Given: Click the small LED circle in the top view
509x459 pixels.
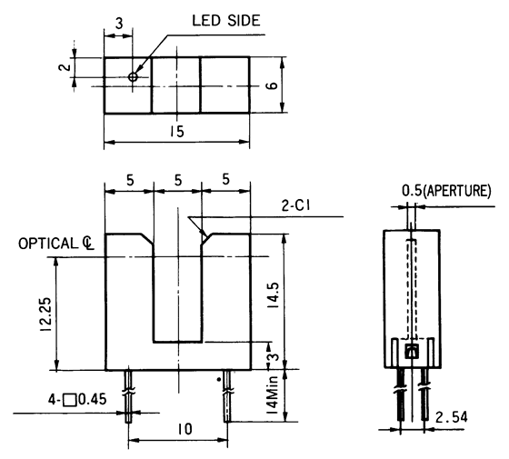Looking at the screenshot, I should [134, 77].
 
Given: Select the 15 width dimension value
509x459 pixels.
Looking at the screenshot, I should [176, 132].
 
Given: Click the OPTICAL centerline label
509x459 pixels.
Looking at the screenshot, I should [56, 244].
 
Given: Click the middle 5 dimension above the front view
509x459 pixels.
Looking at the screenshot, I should [176, 180].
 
